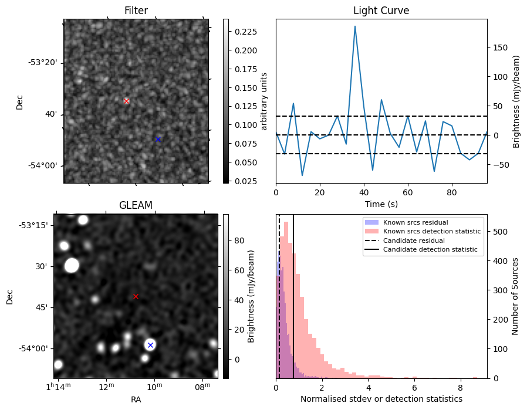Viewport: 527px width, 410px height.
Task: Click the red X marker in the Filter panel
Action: (126, 101)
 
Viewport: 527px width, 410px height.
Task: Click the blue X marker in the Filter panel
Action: (158, 139)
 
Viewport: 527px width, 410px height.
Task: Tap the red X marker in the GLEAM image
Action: (136, 296)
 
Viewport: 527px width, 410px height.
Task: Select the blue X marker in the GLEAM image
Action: (150, 345)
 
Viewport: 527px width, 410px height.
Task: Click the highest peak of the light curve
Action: (355, 26)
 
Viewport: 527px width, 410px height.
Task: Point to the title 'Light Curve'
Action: (381, 11)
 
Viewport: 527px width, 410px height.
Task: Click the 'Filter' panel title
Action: (136, 11)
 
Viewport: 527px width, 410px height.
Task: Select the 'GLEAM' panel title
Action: (136, 205)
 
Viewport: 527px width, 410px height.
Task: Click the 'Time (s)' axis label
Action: (381, 203)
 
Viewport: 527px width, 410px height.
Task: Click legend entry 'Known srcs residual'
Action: (415, 222)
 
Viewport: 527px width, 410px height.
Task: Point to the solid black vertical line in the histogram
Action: (293, 293)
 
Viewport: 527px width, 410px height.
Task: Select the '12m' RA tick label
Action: (106, 386)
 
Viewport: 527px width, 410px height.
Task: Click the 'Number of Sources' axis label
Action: (515, 296)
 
